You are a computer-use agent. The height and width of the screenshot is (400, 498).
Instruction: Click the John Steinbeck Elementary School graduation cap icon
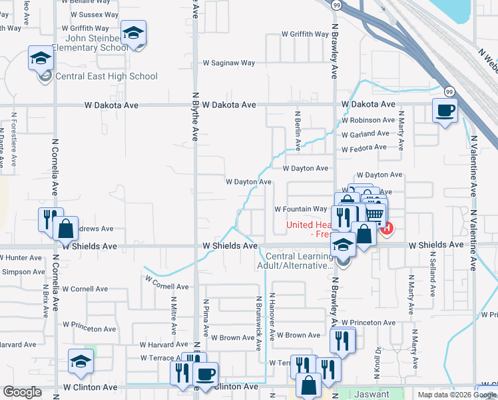point(133,33)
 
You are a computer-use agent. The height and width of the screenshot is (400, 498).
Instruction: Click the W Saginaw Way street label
point(228,63)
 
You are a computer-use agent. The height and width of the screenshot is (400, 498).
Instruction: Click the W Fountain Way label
point(301,209)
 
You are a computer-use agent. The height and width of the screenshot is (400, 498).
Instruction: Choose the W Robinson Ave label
point(368,120)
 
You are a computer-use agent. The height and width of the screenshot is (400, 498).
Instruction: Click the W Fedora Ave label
point(364,147)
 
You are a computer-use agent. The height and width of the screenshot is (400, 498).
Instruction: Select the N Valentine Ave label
point(473,166)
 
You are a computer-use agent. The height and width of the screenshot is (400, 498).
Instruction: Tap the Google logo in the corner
point(22,392)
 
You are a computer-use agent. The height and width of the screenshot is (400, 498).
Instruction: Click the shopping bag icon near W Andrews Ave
point(66,229)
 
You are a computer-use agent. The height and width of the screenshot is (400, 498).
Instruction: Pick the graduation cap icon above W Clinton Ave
point(81,361)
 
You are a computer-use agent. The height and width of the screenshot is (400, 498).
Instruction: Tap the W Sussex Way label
point(94,14)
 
